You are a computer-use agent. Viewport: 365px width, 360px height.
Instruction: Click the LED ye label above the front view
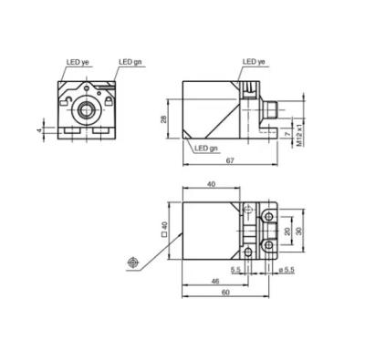point(78,62)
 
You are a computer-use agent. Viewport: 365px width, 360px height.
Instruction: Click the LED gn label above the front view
point(130,62)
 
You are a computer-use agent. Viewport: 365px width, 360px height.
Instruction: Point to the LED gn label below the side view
point(206,149)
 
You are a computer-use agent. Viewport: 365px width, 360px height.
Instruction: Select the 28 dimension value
point(164,118)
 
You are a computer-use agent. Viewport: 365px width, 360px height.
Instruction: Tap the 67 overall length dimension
point(230,161)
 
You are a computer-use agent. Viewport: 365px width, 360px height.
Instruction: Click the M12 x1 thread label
point(299,135)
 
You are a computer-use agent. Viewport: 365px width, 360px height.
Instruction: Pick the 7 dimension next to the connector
point(286,134)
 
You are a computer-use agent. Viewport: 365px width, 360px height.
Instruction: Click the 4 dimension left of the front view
point(39,130)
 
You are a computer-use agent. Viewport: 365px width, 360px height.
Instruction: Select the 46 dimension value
point(215,282)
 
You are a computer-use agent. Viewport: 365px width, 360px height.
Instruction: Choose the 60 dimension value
point(225,293)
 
